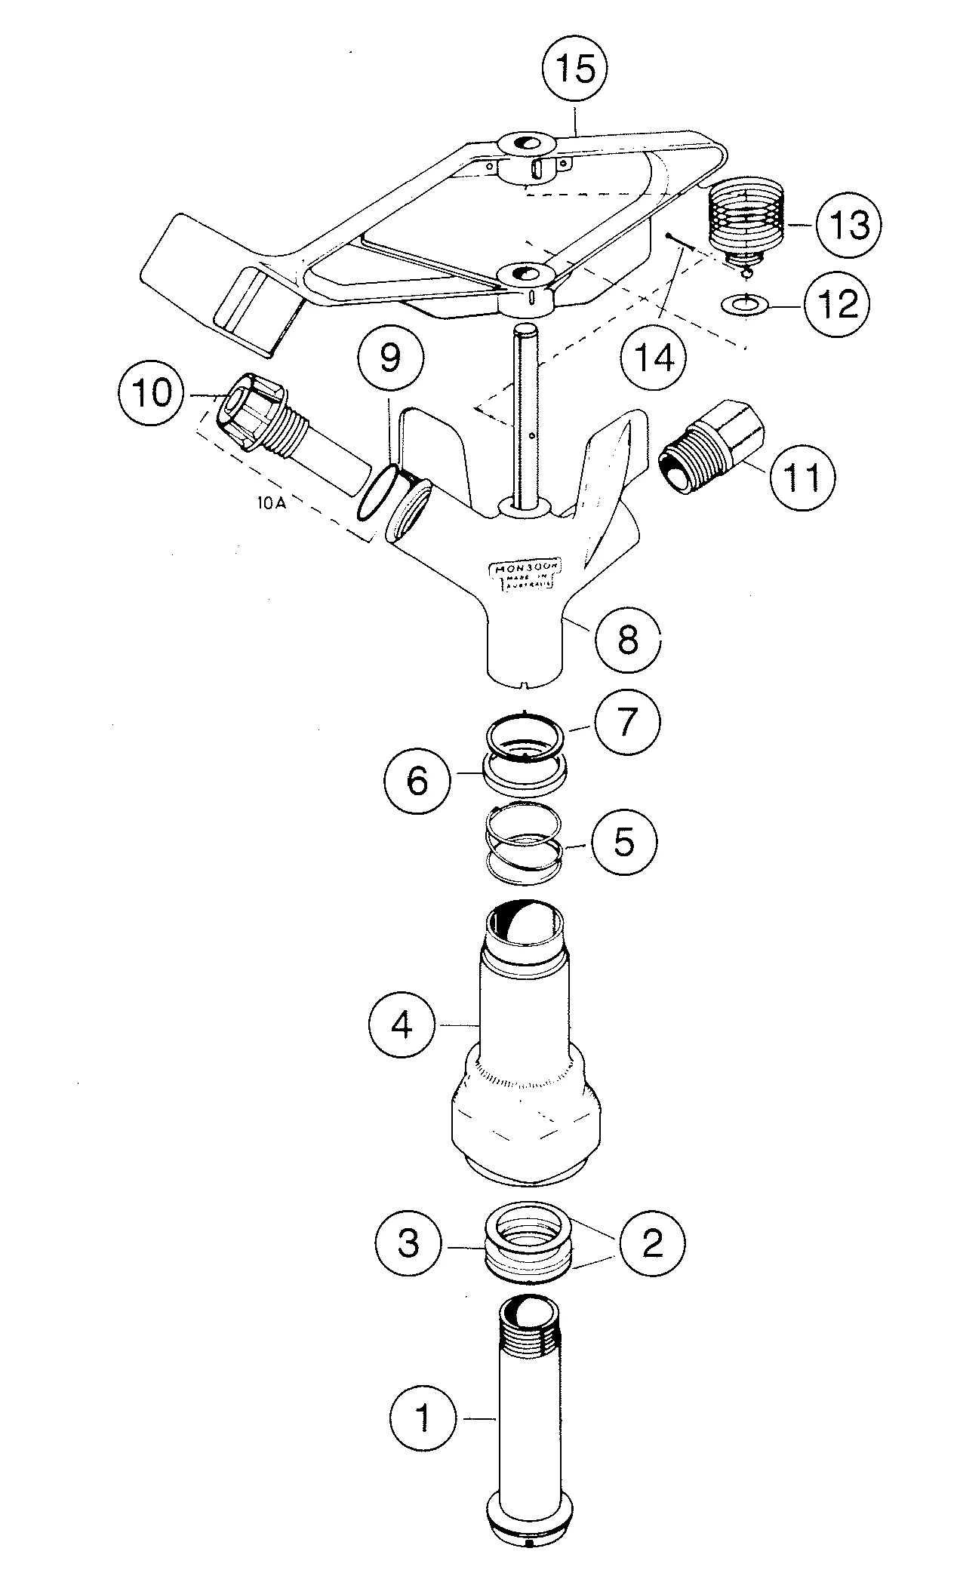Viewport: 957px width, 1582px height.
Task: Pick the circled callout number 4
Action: pyautogui.click(x=402, y=1025)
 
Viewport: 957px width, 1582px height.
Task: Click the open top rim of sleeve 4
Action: pyautogui.click(x=526, y=925)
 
